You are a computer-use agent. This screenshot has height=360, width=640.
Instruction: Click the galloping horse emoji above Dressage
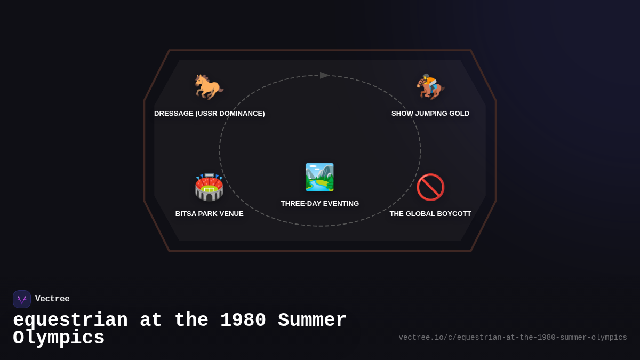(x=209, y=86)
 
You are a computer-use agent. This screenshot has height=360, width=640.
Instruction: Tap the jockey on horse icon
(x=430, y=86)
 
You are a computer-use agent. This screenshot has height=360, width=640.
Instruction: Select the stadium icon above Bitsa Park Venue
(x=209, y=187)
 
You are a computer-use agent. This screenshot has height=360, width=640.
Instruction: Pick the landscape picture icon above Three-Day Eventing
(x=319, y=177)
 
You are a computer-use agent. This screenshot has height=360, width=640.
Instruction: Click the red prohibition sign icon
(x=430, y=187)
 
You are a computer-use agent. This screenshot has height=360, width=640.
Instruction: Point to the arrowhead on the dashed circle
(x=325, y=75)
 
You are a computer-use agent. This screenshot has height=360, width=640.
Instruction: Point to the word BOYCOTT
(x=455, y=214)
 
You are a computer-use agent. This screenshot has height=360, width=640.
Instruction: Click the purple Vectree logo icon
(x=22, y=299)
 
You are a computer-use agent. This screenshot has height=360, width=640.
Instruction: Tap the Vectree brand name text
(x=52, y=299)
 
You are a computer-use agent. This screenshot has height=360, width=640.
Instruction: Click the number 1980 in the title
(x=243, y=321)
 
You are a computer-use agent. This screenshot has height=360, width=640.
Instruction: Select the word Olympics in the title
(x=59, y=338)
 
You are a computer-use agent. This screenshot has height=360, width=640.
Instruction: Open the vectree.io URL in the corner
(x=513, y=338)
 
